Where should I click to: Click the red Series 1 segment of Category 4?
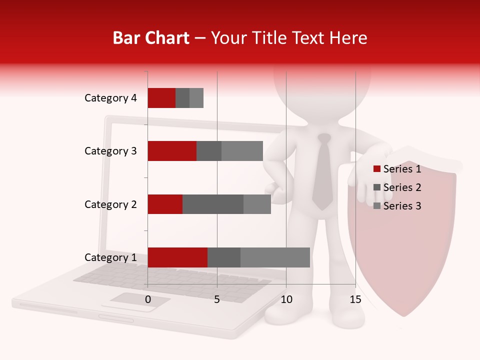pos(161,98)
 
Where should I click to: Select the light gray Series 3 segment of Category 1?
pos(275,257)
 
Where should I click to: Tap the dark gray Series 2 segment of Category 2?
pos(213,204)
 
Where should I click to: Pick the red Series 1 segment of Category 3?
pos(172,151)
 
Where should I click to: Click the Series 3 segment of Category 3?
pos(242,151)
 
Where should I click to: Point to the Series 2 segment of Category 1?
pos(224,257)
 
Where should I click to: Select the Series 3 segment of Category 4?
pos(196,98)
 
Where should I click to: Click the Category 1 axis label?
pos(110,257)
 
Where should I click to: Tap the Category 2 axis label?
pos(110,204)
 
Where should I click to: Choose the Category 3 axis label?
pos(110,151)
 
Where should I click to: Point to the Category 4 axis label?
pos(110,98)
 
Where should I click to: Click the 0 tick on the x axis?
pos(148,299)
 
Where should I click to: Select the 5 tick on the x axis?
pos(217,299)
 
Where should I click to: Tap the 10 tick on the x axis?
pos(286,299)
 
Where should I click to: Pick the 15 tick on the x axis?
pos(355,299)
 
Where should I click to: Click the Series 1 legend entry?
pos(397,169)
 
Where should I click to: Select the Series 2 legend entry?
pos(397,187)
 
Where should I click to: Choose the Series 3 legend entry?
pos(397,206)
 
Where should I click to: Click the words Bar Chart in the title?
pos(151,37)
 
